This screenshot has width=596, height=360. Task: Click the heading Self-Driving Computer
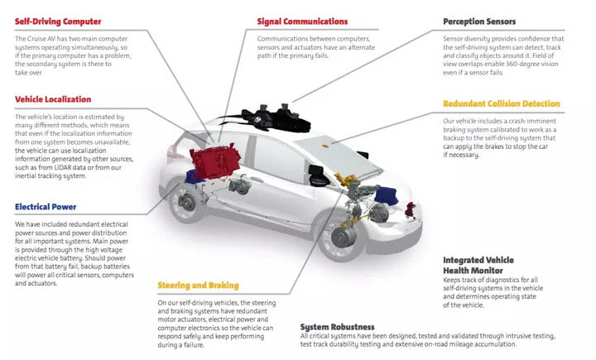[57, 20]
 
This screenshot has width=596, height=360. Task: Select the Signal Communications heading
[302, 21]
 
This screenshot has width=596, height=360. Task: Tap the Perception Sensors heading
[478, 21]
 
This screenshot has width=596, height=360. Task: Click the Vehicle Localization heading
[52, 99]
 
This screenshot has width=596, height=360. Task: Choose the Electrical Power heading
[46, 207]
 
